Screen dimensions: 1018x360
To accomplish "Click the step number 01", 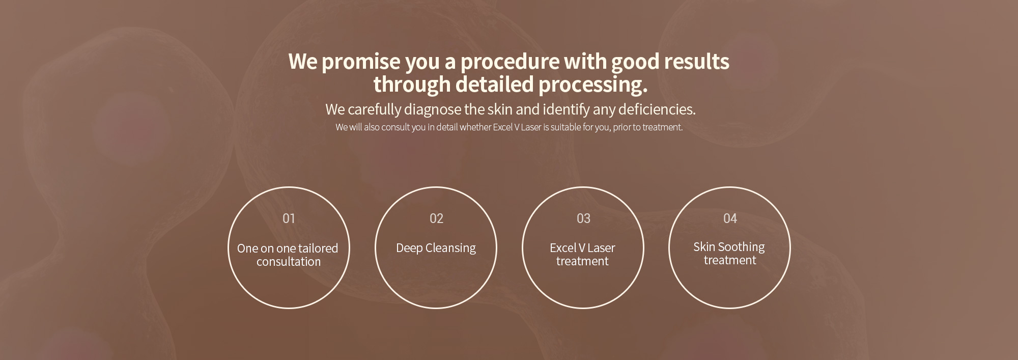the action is coord(289,218).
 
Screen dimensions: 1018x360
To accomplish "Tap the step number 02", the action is coord(436,218).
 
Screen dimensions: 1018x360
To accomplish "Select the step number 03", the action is coord(583,218).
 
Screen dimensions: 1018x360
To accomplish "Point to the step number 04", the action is coord(730,218).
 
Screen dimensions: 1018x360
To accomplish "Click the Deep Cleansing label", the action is coord(436,248).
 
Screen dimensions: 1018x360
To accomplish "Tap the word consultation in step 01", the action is coord(289,262).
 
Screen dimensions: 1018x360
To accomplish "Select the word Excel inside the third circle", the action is coord(563,248).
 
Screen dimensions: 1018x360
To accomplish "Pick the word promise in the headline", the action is coord(361,62).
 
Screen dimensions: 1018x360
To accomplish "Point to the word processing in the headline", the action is coord(593,85).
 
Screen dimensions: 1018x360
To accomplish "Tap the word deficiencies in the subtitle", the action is coord(657,109).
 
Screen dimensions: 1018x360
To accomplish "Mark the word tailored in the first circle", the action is coord(318,248).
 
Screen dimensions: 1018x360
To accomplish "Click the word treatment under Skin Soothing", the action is coord(730,260).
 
